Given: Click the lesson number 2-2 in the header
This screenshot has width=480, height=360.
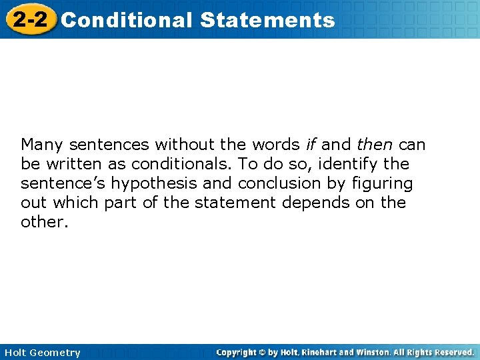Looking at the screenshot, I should point(29,19).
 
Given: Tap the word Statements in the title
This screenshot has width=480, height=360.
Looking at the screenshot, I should point(267,20).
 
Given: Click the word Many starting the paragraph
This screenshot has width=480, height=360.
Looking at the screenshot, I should point(42,145).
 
